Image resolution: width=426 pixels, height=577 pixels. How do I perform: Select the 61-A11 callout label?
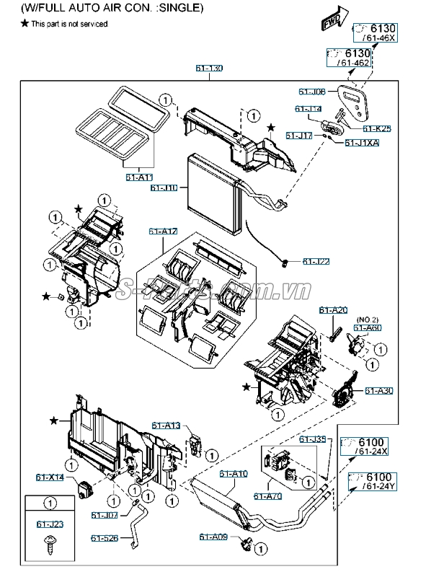[x=139, y=177]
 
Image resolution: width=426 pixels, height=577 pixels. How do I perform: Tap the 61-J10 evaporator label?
[x=164, y=188]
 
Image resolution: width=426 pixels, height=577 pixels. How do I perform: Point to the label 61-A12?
[x=164, y=231]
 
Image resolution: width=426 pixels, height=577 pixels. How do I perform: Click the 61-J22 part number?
[x=316, y=261]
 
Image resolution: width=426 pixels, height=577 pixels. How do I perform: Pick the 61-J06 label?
[x=312, y=92]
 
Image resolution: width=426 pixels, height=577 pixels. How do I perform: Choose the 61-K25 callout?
[x=377, y=128]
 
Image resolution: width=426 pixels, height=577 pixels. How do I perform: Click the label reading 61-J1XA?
[x=362, y=143]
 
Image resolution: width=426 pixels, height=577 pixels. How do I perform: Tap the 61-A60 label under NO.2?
[x=368, y=327]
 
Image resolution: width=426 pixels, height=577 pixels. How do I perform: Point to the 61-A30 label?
[x=378, y=391]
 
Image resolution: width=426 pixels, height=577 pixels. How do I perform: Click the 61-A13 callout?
[x=166, y=425]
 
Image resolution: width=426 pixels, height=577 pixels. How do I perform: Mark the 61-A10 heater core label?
[x=234, y=474]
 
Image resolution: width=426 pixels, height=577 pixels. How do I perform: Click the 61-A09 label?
[x=214, y=537]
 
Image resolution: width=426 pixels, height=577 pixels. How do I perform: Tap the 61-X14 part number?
[x=50, y=477]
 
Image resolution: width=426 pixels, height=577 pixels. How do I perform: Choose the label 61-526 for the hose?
[x=105, y=537]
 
